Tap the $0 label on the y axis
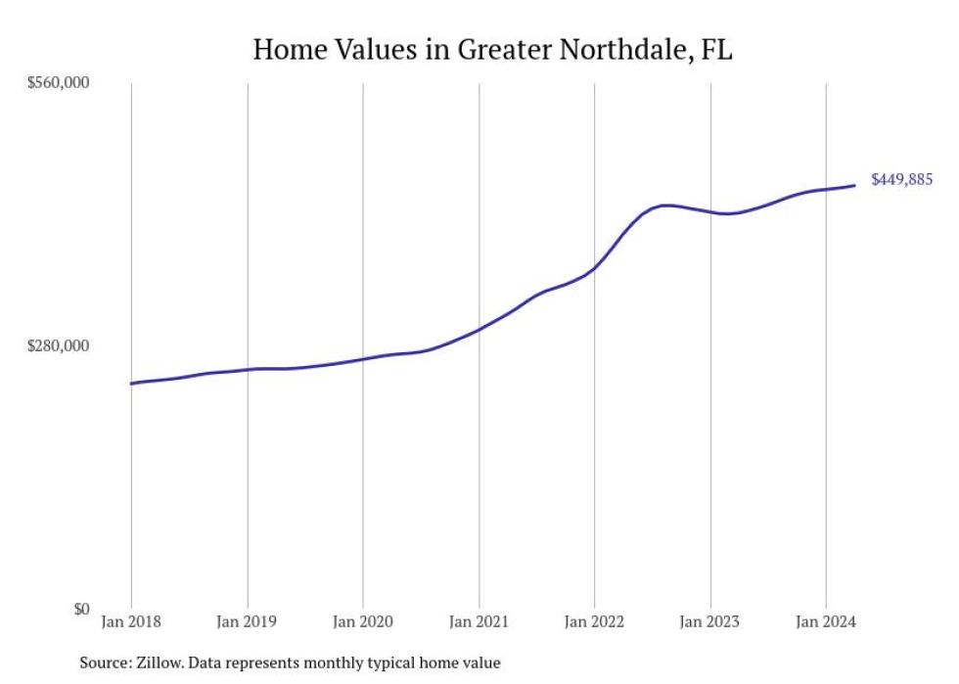point(79,609)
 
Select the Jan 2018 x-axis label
point(131,621)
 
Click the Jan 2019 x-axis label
point(247,621)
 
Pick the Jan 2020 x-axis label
point(363,621)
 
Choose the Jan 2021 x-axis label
point(479,621)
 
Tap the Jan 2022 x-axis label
point(595,621)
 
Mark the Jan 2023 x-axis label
point(710,621)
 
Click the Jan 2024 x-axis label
point(826,621)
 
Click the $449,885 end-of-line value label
point(901,180)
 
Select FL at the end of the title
point(716,50)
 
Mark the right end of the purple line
point(856,185)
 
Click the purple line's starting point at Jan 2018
point(131,384)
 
